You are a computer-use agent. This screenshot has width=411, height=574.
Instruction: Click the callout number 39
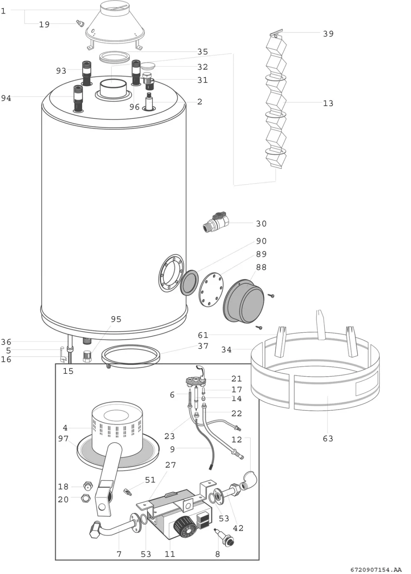click(328, 34)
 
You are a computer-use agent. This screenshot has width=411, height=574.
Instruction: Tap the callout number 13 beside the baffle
click(328, 103)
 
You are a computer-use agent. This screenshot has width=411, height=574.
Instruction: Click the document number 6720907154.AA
click(376, 569)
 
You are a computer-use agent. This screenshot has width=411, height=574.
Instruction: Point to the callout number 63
click(328, 439)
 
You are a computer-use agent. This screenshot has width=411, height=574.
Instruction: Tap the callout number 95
click(116, 319)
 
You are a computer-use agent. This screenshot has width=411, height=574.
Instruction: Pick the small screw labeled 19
click(80, 23)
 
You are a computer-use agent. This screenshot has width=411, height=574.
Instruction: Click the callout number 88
click(261, 267)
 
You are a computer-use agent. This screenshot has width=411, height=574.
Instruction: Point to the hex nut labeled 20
click(85, 498)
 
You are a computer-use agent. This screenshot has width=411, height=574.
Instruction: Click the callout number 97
click(63, 439)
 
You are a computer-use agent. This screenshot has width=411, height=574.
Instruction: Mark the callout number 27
click(170, 465)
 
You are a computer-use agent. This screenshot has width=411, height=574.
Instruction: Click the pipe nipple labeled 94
click(78, 99)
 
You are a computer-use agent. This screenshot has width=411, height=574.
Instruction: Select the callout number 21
click(236, 378)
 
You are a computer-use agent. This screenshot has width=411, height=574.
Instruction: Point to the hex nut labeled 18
click(87, 485)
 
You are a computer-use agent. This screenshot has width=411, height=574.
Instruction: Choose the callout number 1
click(3, 11)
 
